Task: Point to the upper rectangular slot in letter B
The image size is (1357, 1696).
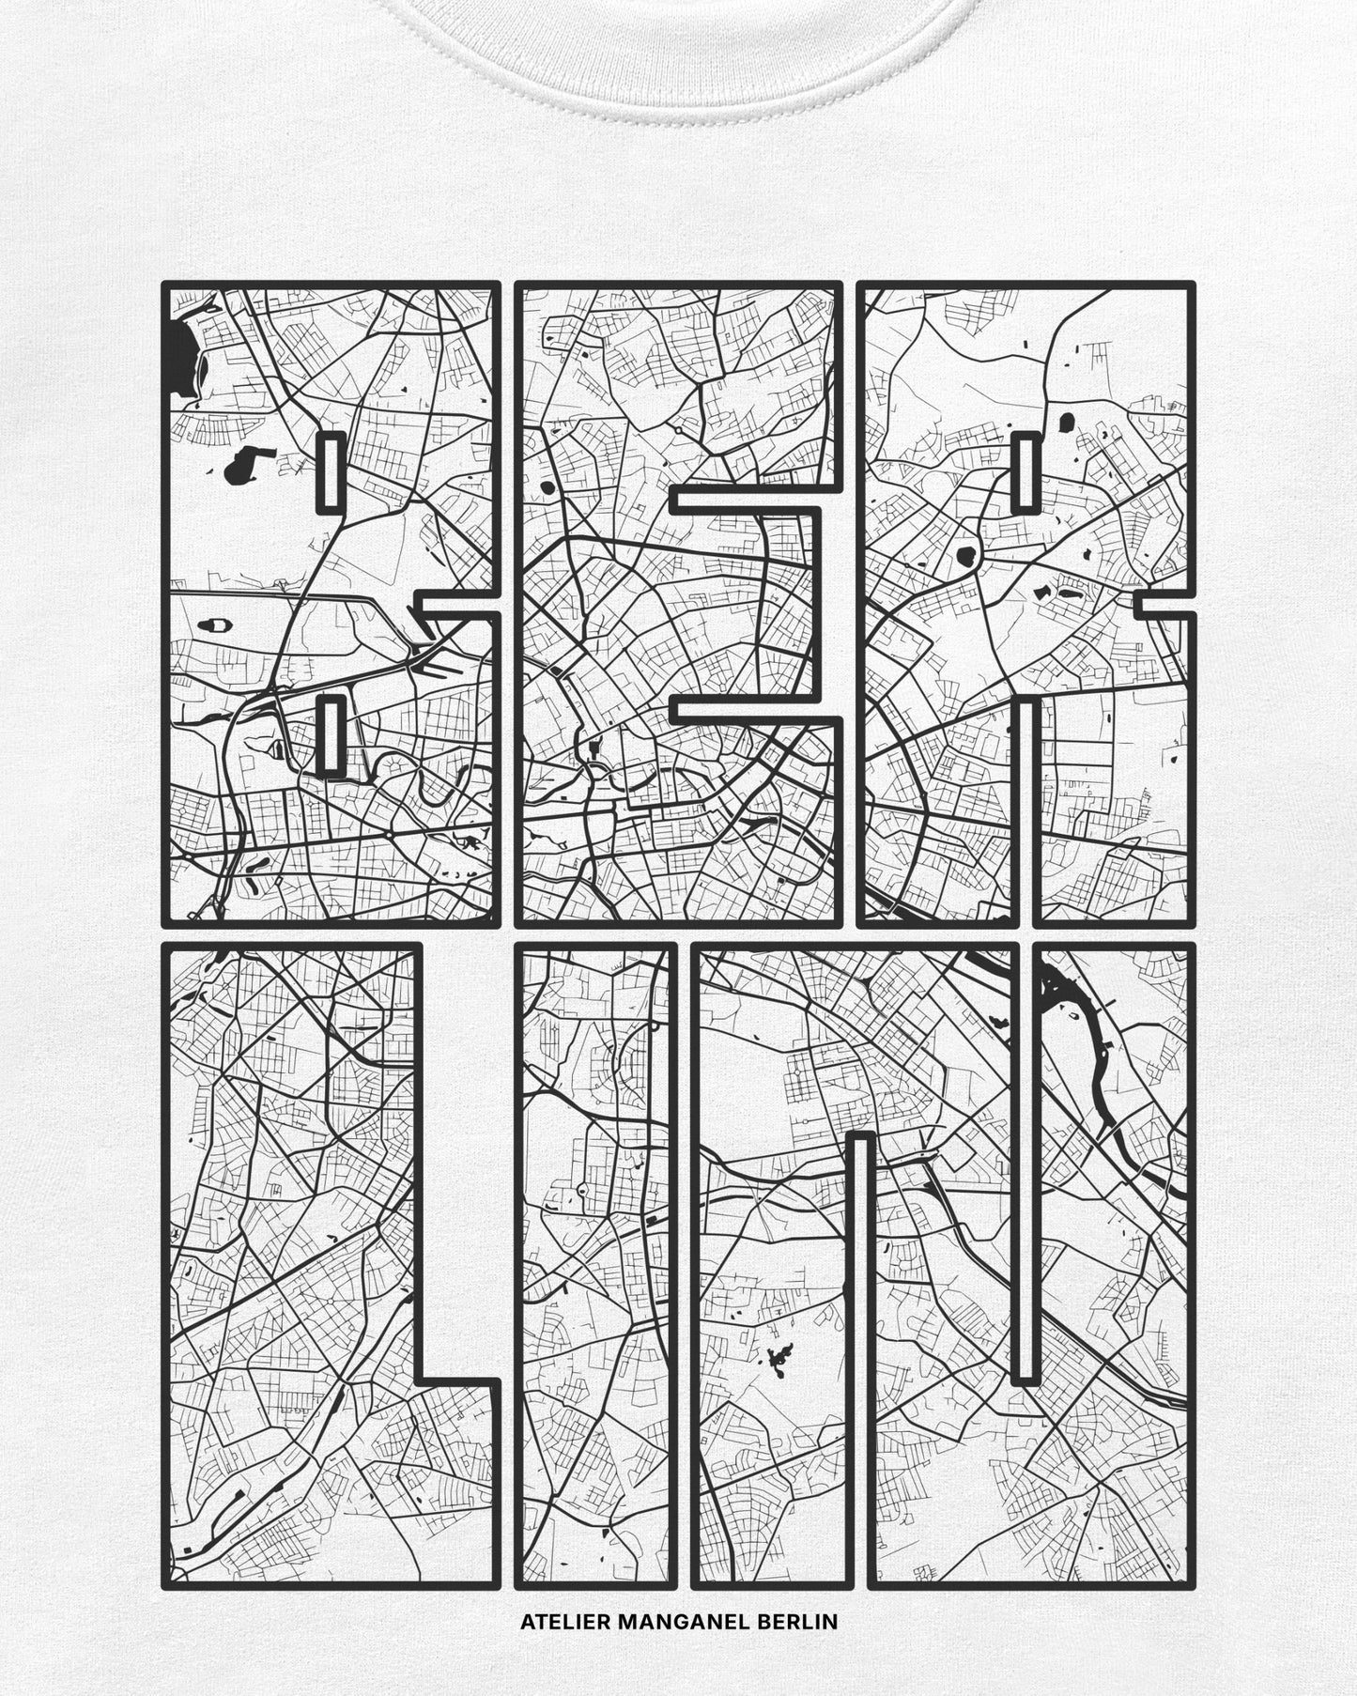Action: [x=329, y=472]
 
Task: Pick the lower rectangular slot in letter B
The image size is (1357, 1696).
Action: [x=329, y=735]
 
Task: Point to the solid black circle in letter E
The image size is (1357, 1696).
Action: [x=546, y=489]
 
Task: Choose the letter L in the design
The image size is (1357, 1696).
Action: [x=282, y=1221]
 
